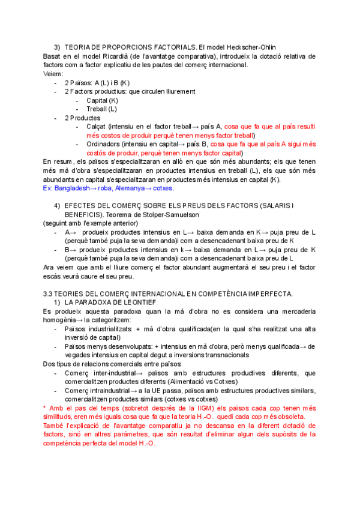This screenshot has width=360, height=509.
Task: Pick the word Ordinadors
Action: pyautogui.click(x=103, y=144)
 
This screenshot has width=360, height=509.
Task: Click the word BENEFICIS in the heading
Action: pyautogui.click(x=82, y=214)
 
